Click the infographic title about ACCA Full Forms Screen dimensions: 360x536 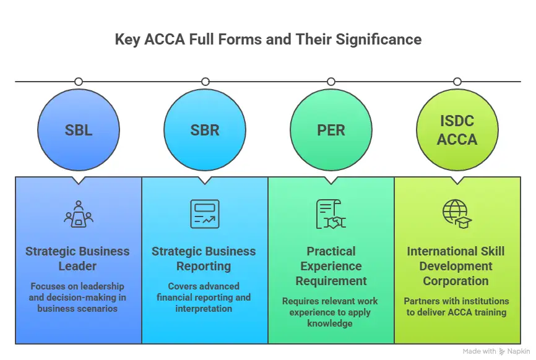268,40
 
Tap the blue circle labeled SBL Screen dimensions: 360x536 78,131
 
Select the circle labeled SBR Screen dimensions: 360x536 204,131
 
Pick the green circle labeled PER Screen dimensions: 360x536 331,131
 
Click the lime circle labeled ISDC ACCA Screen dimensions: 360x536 457,131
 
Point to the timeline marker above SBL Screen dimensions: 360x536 78,82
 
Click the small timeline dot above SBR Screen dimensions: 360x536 204,82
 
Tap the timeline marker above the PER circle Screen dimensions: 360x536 331,82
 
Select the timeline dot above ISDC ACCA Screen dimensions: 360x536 457,82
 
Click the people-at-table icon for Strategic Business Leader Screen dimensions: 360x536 78,214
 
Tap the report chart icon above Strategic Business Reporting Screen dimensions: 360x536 204,214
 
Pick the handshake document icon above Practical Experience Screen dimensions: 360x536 331,214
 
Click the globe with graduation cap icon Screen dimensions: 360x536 457,214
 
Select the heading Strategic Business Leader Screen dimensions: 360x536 78,259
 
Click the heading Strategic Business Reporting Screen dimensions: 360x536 204,259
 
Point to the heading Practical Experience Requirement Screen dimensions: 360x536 331,266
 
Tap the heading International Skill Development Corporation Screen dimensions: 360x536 457,266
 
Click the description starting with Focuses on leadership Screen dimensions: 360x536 78,297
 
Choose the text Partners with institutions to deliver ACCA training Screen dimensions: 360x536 457,306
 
